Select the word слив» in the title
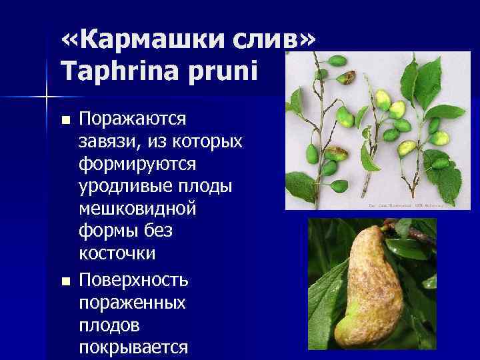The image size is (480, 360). point(273,43)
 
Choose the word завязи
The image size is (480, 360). point(109,142)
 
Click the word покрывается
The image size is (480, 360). point(134,347)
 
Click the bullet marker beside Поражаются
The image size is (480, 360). point(65,121)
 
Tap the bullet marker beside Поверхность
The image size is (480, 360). point(65,281)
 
